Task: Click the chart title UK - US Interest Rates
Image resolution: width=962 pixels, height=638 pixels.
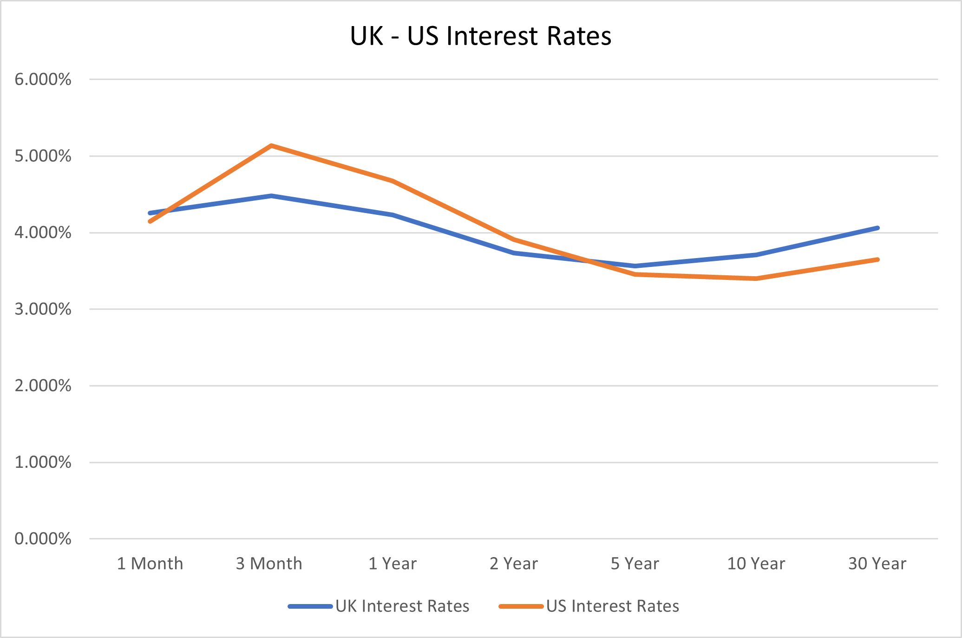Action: [x=480, y=36]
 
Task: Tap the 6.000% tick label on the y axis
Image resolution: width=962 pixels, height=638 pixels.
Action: [x=43, y=80]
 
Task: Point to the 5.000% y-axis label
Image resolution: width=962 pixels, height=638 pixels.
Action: [x=43, y=156]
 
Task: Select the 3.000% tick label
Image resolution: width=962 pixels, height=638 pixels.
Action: [x=43, y=309]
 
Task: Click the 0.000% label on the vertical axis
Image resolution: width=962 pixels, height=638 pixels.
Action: [x=43, y=539]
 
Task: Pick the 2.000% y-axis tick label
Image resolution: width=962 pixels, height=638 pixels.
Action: [x=43, y=386]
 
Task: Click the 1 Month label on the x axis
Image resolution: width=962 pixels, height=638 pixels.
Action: [x=150, y=564]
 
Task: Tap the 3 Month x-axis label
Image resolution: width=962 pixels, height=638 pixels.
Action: [x=269, y=564]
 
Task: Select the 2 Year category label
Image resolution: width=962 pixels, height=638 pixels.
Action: [x=514, y=564]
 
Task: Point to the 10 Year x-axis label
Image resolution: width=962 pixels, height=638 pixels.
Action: [x=756, y=564]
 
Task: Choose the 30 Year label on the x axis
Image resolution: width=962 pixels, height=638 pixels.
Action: [x=877, y=564]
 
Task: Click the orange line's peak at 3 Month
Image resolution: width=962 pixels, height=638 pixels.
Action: [x=271, y=146]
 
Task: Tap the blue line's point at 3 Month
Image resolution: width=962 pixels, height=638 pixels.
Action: [x=271, y=196]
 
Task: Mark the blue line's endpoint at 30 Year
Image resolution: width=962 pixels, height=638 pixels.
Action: [x=877, y=228]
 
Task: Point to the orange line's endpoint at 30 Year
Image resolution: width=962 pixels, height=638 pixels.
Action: [x=877, y=259]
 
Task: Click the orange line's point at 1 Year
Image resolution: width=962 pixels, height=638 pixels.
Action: [x=393, y=181]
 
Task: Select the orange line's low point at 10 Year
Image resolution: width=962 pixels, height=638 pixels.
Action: [x=756, y=279]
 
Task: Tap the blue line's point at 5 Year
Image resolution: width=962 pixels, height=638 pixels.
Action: [x=635, y=266]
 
